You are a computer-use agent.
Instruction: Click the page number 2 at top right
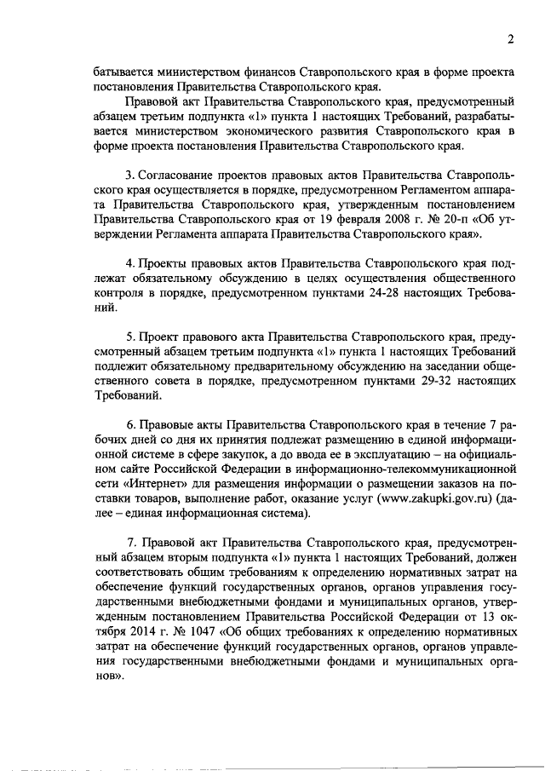point(510,38)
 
